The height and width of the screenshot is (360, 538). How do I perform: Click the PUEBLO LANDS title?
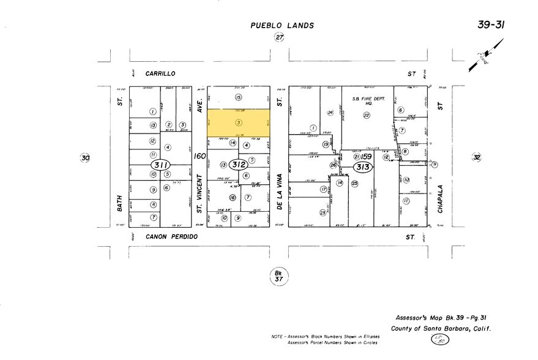282,26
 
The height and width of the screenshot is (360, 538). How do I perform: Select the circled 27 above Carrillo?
280,38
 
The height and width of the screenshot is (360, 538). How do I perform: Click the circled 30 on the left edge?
85,158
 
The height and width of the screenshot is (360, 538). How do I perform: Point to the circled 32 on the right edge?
477,157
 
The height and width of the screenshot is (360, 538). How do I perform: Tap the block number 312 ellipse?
239,164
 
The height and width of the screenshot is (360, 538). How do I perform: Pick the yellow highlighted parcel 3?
238,123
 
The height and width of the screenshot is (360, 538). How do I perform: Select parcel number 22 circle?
367,115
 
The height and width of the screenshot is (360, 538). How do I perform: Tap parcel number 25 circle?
354,182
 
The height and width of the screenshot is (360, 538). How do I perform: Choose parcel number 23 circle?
323,212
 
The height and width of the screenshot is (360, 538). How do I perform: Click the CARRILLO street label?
161,73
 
